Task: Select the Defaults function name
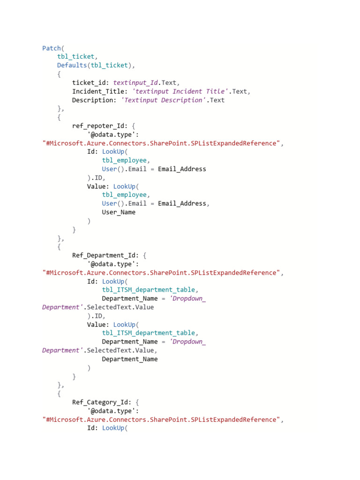tap(72, 65)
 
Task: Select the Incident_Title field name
tap(98, 91)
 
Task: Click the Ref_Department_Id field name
tap(104, 255)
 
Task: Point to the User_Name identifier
tap(119, 212)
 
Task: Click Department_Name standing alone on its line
tap(130, 359)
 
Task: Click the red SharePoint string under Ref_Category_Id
tap(162, 419)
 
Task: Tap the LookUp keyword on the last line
tap(113, 428)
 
